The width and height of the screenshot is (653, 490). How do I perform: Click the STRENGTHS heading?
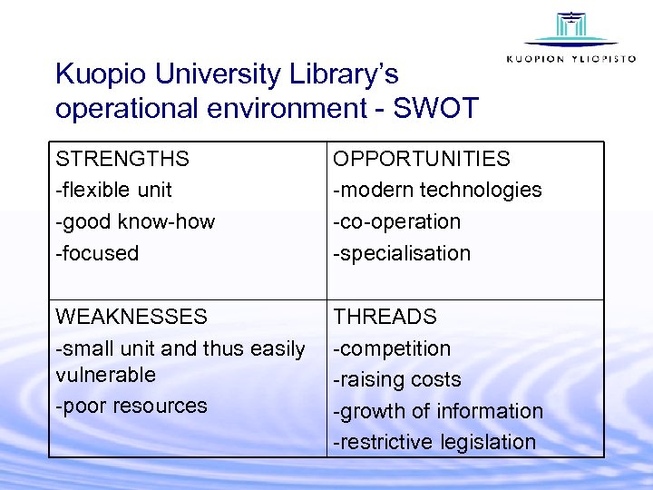tap(122, 159)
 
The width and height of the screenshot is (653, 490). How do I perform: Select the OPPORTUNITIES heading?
tap(422, 159)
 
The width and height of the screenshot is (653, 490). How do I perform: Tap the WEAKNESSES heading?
tap(132, 317)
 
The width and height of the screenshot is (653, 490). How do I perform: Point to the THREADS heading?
tap(385, 317)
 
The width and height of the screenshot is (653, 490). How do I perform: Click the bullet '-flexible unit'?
tap(113, 191)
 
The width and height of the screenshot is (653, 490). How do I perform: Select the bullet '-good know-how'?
tap(135, 221)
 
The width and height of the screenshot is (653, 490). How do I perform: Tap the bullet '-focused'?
tap(97, 253)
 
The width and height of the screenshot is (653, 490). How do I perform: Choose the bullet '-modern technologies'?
tap(437, 191)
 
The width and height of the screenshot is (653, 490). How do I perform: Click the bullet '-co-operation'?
tap(396, 221)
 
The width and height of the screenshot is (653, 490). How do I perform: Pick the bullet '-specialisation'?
tap(402, 253)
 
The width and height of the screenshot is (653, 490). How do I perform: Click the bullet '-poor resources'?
tap(132, 406)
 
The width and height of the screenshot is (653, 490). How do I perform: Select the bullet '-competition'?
tap(392, 348)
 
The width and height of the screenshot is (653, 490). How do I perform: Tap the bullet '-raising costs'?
tap(397, 379)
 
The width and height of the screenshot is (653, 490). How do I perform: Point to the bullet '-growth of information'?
tap(438, 411)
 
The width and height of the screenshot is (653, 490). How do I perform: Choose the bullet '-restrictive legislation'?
tap(434, 442)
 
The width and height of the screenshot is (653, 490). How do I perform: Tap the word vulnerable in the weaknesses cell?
tap(105, 375)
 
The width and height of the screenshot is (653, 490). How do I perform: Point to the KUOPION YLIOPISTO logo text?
tap(571, 58)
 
